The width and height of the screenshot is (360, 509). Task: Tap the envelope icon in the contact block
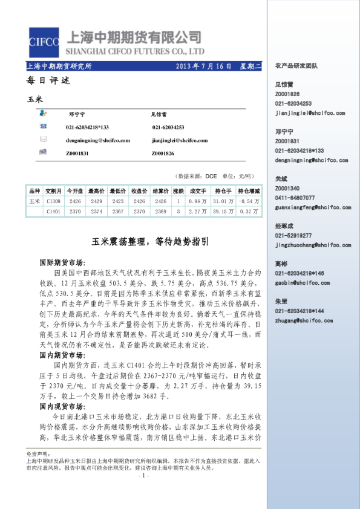pos(44,140)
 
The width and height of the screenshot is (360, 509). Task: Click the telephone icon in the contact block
pos(44,126)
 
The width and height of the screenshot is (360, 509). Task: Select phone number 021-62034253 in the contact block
pos(168,128)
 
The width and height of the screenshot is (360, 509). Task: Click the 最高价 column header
pos(96,190)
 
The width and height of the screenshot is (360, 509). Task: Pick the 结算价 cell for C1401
pos(160,212)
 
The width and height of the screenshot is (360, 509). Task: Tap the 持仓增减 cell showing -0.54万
pos(249,201)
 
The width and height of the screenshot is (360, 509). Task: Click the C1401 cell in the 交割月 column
pos(53,212)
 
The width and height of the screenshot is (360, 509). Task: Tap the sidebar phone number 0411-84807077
pos(295,198)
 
